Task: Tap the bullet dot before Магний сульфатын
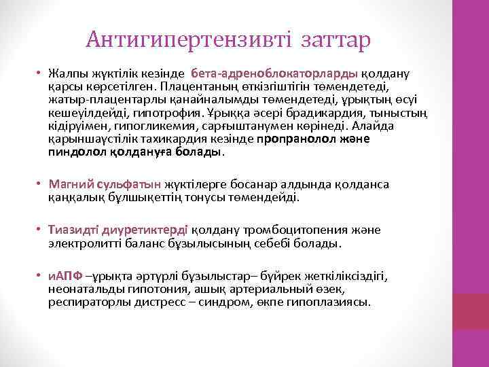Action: click(x=41, y=183)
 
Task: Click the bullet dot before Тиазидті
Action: click(x=41, y=228)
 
